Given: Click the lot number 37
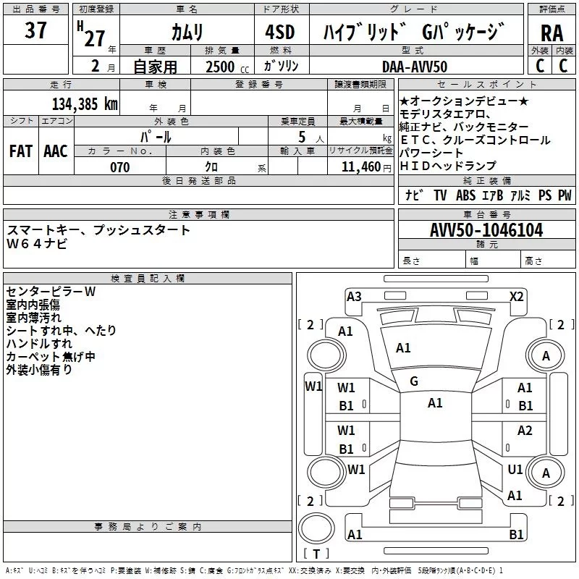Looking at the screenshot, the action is click(x=36, y=31).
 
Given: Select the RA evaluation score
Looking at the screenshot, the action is click(x=551, y=33).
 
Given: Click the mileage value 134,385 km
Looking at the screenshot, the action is click(x=85, y=103).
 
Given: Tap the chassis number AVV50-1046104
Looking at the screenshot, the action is click(x=486, y=230).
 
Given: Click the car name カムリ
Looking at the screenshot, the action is click(x=187, y=33).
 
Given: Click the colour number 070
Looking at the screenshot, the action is click(x=119, y=167).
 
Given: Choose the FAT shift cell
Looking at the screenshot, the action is click(x=21, y=151).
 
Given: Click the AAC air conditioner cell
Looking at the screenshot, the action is click(x=56, y=151).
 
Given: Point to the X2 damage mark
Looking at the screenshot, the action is click(x=516, y=296).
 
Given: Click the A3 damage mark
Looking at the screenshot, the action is click(x=354, y=296).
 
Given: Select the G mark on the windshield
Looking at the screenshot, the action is click(x=414, y=381).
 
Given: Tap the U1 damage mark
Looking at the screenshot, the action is click(x=515, y=470).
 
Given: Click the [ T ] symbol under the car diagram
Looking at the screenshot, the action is click(x=316, y=554).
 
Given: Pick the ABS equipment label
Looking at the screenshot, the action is click(x=465, y=195).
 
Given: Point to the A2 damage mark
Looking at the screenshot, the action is click(x=525, y=431).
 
